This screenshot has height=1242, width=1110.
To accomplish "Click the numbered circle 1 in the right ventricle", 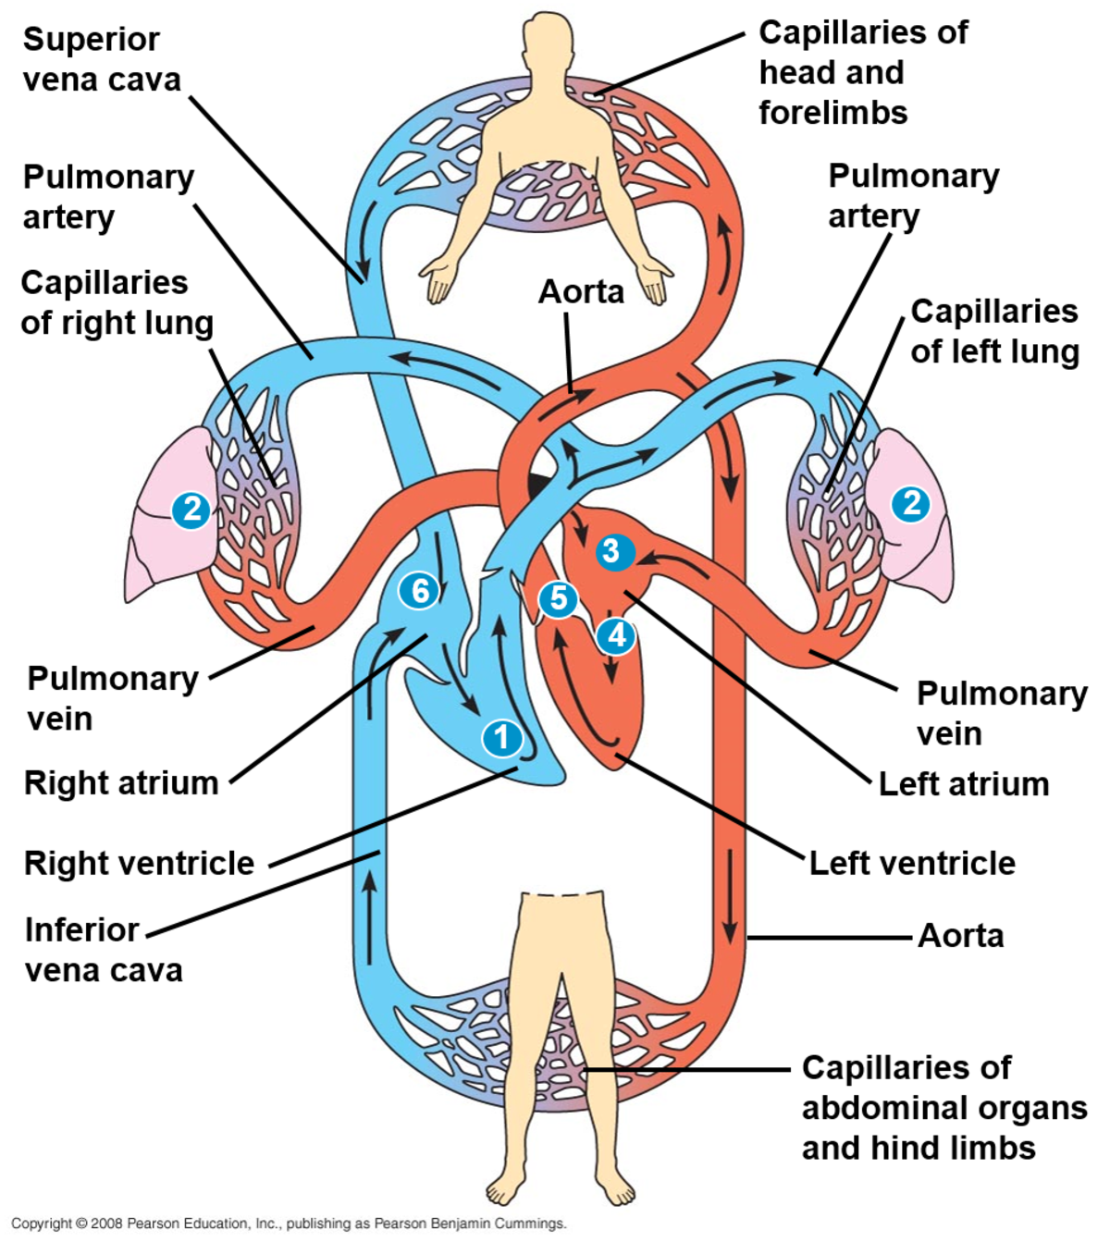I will click(x=502, y=737).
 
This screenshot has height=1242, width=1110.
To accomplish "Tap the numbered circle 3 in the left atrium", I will click(x=611, y=551).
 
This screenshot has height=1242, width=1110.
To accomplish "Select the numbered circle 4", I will click(x=616, y=635).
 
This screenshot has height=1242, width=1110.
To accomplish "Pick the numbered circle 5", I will click(x=558, y=598).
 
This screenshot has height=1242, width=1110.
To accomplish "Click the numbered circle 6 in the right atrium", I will click(x=420, y=590).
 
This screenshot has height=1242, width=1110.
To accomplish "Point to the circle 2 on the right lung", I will click(x=191, y=509).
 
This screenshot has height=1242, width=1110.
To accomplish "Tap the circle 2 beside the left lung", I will click(x=911, y=503).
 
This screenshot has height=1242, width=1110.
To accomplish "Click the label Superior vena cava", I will click(x=101, y=59).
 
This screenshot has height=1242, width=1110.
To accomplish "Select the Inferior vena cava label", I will click(x=103, y=950).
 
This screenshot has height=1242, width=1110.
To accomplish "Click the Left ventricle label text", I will click(x=912, y=863).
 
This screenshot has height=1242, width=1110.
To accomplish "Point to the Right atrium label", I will click(x=121, y=782).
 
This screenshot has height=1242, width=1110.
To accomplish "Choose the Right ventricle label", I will click(x=139, y=863).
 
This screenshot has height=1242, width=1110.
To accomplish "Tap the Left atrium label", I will click(x=963, y=784).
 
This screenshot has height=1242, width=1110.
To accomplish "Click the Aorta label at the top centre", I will click(x=581, y=291).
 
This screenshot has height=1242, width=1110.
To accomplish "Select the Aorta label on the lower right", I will click(x=960, y=936).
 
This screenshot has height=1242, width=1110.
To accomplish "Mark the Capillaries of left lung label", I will click(x=994, y=331).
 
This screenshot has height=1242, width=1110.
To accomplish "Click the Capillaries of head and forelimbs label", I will click(x=862, y=72).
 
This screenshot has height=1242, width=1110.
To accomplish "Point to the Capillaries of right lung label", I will click(x=117, y=302).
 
